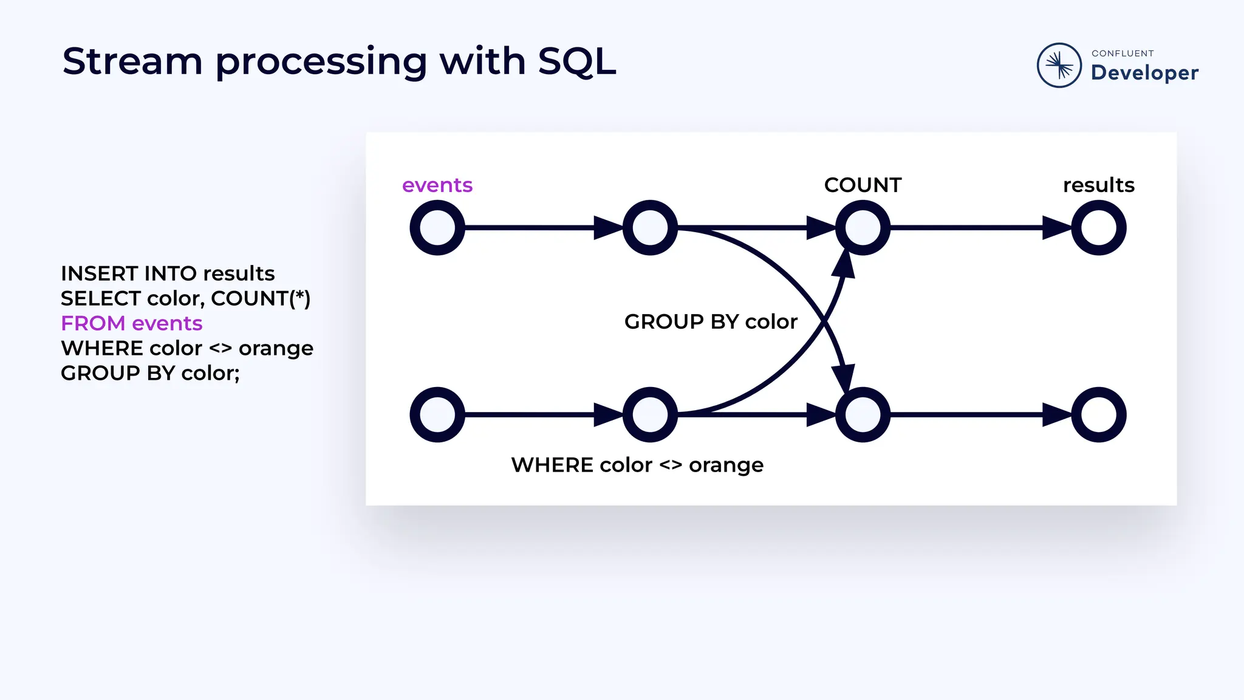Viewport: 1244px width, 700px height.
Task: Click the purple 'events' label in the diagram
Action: tap(437, 185)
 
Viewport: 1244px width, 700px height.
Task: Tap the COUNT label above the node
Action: tap(863, 185)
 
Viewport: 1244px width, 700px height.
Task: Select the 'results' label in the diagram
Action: tap(1098, 185)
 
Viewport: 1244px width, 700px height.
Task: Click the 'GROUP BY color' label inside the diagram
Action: tap(711, 321)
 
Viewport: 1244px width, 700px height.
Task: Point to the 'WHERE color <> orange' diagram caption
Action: tap(637, 465)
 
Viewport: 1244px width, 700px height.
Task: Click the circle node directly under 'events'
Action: tap(437, 228)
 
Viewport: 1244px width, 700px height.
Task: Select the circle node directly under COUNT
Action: tap(863, 228)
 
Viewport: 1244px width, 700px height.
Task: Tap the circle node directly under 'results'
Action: tap(1098, 228)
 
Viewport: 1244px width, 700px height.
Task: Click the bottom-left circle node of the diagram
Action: tap(437, 414)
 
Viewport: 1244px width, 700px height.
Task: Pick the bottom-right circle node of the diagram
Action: tap(1098, 414)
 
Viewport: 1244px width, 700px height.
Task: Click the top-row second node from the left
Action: tap(650, 228)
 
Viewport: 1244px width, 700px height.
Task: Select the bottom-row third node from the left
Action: tap(863, 414)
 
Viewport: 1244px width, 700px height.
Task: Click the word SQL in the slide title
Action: tap(576, 61)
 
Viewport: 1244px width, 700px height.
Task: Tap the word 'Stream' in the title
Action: tap(132, 61)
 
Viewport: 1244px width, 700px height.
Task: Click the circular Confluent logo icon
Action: tap(1059, 65)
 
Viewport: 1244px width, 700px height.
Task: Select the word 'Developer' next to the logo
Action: tap(1144, 73)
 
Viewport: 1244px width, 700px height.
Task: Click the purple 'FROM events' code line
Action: tap(131, 323)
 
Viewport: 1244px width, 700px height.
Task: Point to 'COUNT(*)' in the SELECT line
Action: tap(261, 298)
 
